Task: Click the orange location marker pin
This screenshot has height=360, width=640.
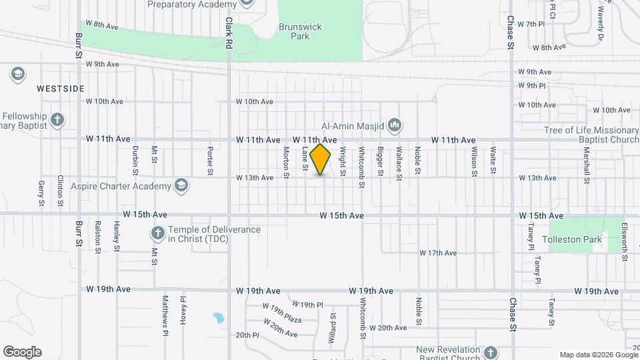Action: point(321,159)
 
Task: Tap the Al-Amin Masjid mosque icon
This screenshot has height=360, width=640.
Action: point(395,124)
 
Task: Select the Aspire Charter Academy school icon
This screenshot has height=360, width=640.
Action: point(180,185)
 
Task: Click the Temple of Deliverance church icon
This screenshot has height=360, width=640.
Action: point(157,233)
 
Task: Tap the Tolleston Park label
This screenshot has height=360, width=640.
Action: point(572,239)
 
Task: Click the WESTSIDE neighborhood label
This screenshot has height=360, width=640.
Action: point(60,88)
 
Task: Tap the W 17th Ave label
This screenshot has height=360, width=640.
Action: point(438,253)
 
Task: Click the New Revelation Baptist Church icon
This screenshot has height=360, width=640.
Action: point(490,351)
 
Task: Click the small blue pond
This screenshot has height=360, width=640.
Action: point(217,318)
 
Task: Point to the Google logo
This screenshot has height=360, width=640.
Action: point(22,352)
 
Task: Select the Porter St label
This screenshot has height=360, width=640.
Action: point(210,161)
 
